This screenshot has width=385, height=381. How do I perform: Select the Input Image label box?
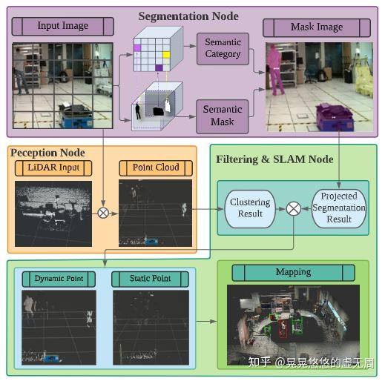pos(63,27)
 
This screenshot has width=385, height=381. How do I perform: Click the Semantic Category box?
pos(223,48)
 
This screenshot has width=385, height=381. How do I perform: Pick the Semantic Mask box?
pos(223,115)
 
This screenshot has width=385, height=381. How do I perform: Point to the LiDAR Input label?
pos(53,168)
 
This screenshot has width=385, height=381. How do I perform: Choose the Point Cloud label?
pos(156,168)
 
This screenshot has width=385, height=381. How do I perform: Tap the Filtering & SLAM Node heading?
pos(274,159)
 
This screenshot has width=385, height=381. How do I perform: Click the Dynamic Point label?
pos(59,279)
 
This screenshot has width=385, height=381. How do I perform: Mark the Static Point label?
pos(151,279)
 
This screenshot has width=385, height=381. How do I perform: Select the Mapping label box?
pos(293,272)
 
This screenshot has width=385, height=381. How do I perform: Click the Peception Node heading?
pos(47,153)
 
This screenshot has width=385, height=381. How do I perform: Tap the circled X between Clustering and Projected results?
pos(294,209)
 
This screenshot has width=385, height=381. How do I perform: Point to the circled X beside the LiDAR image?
pos(103,213)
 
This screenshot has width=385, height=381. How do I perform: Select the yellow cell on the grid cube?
pos(167,54)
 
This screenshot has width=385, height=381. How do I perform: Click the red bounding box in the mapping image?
pos(281,327)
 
